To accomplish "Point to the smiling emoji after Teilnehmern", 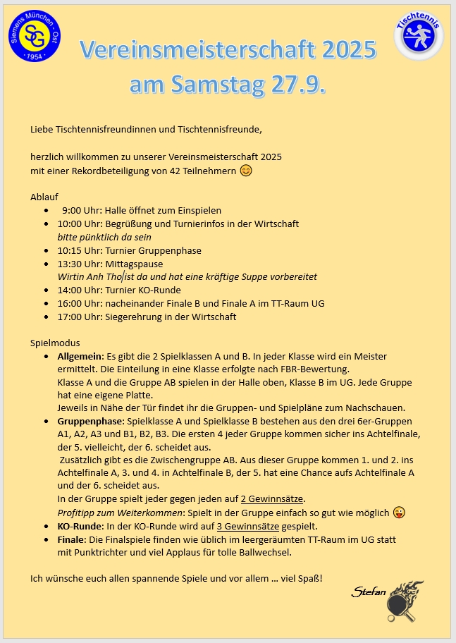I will coord(246,171).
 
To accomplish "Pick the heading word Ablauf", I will coord(44,197).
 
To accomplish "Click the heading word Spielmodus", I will coord(52,343).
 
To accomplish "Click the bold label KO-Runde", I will coord(80,526).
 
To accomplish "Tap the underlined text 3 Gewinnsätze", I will coord(248,526).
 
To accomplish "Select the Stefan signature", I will coord(369,592).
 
